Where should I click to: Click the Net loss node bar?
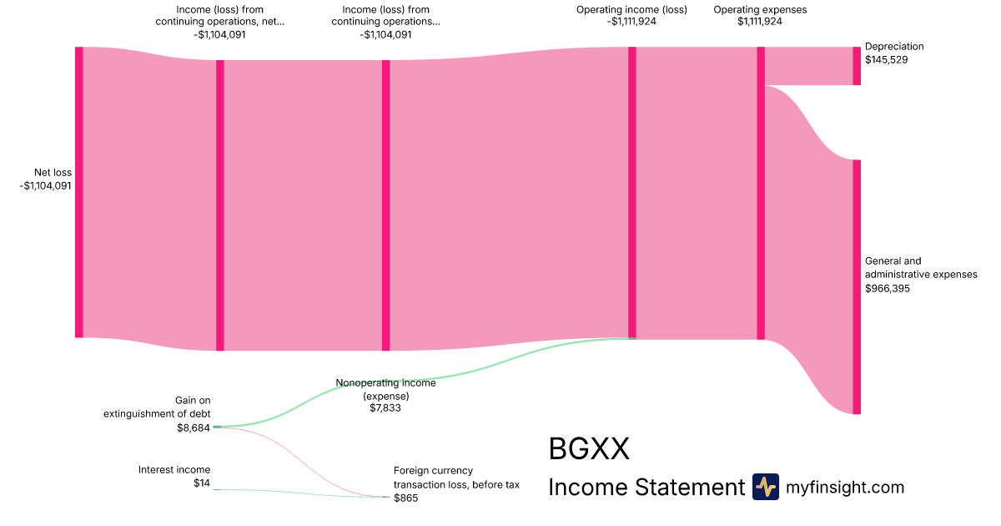pyautogui.click(x=79, y=192)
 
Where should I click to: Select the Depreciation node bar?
pyautogui.click(x=856, y=66)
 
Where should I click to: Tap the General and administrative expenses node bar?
pyautogui.click(x=856, y=286)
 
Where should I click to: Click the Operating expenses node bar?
pyautogui.click(x=760, y=193)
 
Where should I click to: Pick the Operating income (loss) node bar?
pyautogui.click(x=631, y=192)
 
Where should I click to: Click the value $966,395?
pyautogui.click(x=888, y=289)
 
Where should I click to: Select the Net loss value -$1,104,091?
pyautogui.click(x=46, y=186)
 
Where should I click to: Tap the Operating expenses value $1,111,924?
pyautogui.click(x=760, y=23)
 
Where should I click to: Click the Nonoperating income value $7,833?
pyautogui.click(x=385, y=408)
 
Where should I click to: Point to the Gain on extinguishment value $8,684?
pyautogui.click(x=194, y=428)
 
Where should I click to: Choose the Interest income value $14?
pyautogui.click(x=202, y=484)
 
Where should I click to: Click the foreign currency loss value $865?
pyautogui.click(x=405, y=498)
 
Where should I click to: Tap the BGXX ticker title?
pyautogui.click(x=588, y=449)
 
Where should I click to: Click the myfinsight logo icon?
pyautogui.click(x=765, y=487)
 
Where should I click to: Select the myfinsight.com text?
pyautogui.click(x=845, y=488)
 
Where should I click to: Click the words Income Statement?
pyautogui.click(x=646, y=488)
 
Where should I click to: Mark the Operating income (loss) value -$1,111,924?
pyautogui.click(x=631, y=23)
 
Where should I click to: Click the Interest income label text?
pyautogui.click(x=174, y=470)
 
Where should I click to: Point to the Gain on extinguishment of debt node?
pyautogui.click(x=217, y=427)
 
